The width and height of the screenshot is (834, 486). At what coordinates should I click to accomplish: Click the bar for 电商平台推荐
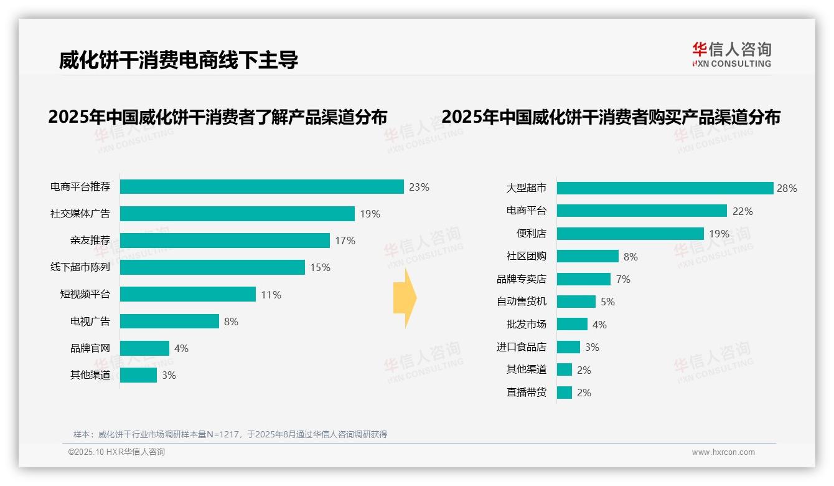tap(261, 187)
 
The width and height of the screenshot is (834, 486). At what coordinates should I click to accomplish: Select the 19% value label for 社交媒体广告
tap(370, 214)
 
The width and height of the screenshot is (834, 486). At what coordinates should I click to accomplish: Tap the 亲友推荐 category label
tap(90, 241)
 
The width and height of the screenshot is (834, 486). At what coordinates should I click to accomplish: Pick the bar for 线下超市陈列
tap(212, 267)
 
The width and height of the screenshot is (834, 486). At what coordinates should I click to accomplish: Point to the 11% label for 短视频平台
tap(271, 295)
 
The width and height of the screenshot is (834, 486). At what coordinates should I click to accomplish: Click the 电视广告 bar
tap(169, 322)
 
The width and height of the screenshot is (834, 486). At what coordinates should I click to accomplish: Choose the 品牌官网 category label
tap(90, 348)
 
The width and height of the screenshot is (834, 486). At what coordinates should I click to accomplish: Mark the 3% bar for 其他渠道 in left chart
tap(138, 375)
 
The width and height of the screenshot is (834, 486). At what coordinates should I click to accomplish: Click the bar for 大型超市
tap(665, 188)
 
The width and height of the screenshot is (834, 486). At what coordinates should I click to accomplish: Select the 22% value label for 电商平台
tap(743, 211)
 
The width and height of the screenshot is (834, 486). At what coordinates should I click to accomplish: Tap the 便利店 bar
tap(630, 234)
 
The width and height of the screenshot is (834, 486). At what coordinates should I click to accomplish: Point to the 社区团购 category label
tap(526, 256)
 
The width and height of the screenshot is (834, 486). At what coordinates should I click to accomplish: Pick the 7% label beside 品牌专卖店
tap(623, 279)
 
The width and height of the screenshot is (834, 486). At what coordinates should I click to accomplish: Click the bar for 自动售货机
tap(576, 302)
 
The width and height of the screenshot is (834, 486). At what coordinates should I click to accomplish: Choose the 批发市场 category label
tap(526, 324)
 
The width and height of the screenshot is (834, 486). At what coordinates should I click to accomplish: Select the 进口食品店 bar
tap(568, 347)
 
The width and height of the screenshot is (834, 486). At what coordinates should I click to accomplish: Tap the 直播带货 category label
tap(526, 393)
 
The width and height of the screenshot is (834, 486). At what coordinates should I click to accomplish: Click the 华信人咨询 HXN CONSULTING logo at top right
tap(731, 54)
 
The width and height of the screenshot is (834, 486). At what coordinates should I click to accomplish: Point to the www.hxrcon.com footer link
tap(723, 452)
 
